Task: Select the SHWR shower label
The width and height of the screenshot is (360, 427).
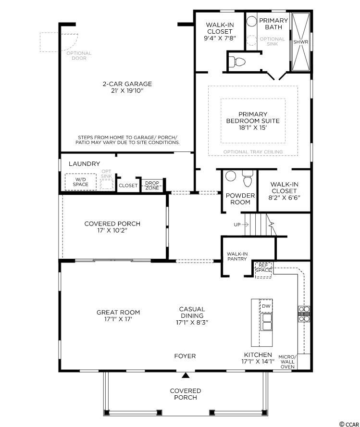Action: click(301, 42)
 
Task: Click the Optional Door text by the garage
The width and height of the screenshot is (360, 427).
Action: click(79, 56)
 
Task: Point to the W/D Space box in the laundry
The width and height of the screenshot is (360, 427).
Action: click(81, 182)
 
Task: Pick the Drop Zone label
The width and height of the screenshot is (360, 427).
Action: click(152, 185)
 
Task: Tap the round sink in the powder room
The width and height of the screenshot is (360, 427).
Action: click(231, 176)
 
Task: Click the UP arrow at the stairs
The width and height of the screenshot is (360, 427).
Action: click(241, 225)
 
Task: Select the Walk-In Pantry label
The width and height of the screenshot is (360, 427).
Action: click(237, 256)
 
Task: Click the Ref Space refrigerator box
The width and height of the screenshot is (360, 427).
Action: click(263, 270)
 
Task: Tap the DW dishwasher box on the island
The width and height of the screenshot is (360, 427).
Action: click(266, 306)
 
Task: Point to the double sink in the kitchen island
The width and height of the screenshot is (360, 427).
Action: click(266, 322)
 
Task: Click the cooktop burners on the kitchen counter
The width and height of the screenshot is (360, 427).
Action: click(304, 314)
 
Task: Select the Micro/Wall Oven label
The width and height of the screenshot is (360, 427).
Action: click(287, 362)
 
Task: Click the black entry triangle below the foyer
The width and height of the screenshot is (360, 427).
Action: click(186, 376)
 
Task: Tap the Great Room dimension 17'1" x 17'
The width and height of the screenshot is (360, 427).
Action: click(118, 319)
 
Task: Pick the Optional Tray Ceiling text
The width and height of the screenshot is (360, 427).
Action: click(253, 151)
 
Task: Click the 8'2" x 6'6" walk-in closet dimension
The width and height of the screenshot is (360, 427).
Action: click(284, 198)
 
